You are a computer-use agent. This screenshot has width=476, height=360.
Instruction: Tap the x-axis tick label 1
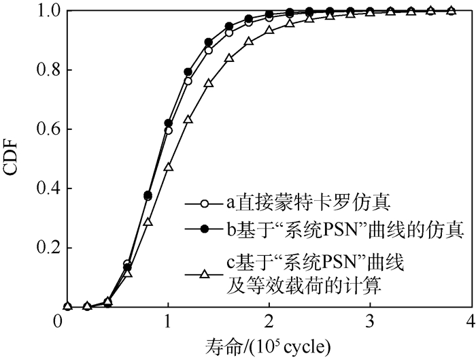[x=167, y=321]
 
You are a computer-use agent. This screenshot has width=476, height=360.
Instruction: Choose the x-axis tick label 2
[x=269, y=321]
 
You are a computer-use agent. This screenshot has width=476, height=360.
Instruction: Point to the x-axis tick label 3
[x=371, y=321]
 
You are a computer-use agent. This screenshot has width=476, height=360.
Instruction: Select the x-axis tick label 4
[x=471, y=321]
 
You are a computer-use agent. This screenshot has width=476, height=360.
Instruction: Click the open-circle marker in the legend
[x=203, y=203]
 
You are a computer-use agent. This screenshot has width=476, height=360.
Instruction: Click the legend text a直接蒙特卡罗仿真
[x=289, y=203]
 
